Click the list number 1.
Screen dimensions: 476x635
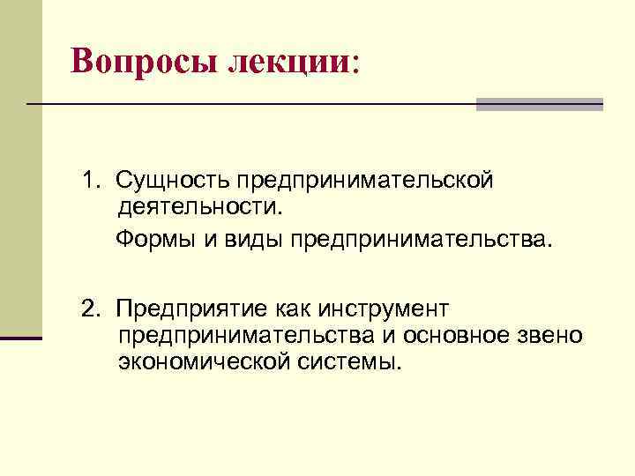(89, 181)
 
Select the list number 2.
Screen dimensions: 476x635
(89, 309)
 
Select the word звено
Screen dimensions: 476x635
(554, 336)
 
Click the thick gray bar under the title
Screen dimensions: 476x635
(539, 104)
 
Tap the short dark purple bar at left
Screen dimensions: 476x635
(21, 338)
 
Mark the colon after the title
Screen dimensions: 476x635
(355, 63)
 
